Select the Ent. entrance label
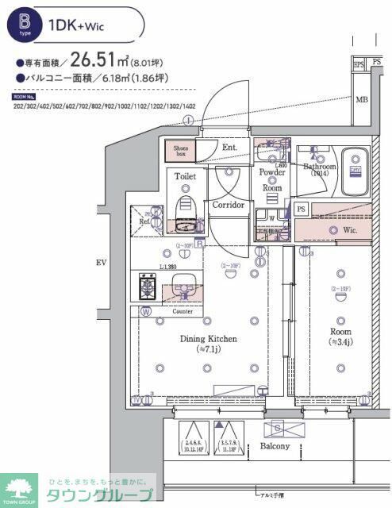pos(230,148)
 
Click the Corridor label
pos(229,205)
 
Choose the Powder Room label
pos(272,179)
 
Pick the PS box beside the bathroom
pos(300,209)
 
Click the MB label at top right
pos(361,99)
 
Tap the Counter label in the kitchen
pos(183,312)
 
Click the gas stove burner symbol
pos(148,286)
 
